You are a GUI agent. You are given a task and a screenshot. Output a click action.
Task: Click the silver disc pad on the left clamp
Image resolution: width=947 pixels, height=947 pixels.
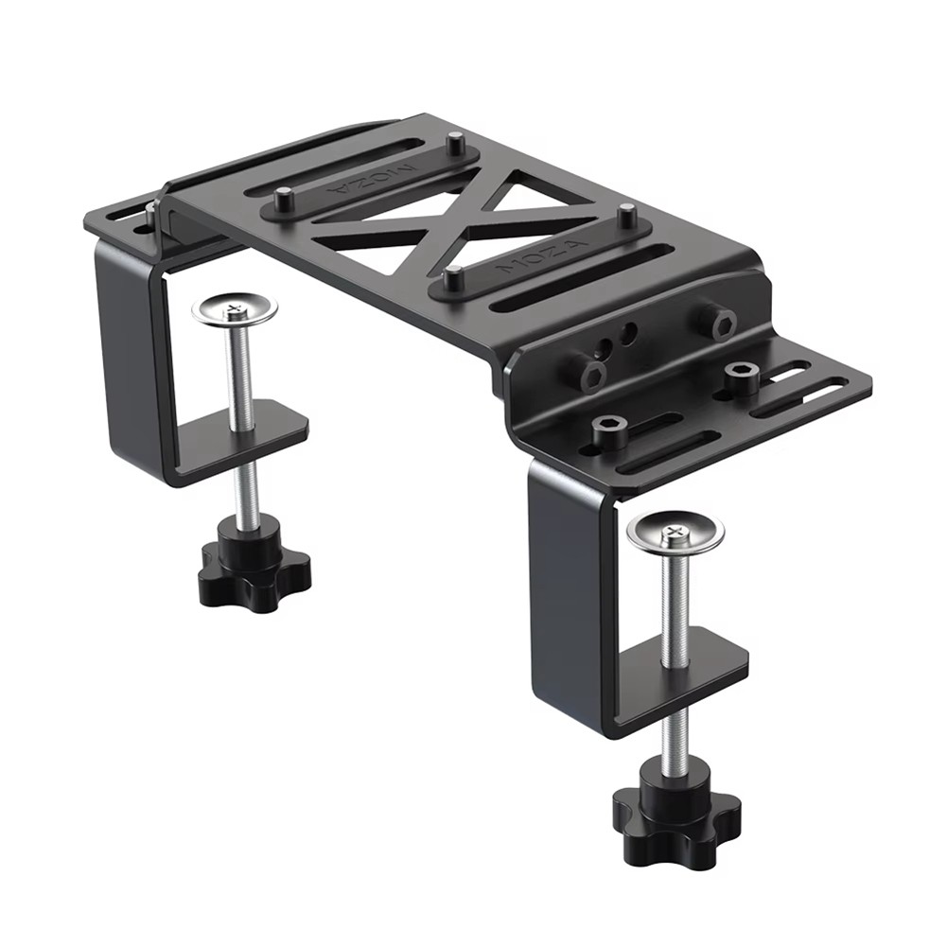235,309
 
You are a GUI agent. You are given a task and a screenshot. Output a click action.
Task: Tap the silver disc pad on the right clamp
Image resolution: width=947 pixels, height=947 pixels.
675,532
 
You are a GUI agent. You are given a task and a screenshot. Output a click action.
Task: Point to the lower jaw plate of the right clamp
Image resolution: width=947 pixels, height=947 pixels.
683,658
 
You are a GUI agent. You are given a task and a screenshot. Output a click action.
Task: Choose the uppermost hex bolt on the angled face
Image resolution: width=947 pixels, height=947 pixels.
719,323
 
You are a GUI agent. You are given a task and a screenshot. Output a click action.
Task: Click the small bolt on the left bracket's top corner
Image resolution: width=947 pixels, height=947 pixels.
150,214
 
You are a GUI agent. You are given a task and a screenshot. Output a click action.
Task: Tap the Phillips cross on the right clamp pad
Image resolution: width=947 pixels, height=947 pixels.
675,529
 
